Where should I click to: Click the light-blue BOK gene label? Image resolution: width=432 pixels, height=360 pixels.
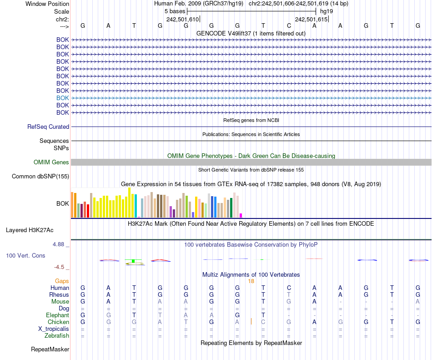[x=63, y=98]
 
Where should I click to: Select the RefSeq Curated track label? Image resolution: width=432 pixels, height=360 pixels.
[x=48, y=127]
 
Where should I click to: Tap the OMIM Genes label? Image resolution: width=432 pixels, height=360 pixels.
[x=51, y=162]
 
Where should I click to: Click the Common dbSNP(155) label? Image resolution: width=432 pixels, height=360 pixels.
[x=40, y=177]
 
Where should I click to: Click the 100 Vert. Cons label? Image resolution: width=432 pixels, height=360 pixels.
[x=25, y=256]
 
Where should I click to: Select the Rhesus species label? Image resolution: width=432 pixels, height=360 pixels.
[x=59, y=295]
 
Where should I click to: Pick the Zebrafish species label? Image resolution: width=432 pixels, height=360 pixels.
[x=57, y=336]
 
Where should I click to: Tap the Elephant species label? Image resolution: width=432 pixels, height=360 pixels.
[x=57, y=315]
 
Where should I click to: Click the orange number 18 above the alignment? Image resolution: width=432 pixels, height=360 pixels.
[x=251, y=281]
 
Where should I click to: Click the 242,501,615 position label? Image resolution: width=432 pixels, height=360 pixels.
[x=311, y=20]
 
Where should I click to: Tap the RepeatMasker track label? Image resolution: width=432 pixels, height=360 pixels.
[x=50, y=350]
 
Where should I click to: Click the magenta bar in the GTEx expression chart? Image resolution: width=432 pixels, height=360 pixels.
[x=241, y=215]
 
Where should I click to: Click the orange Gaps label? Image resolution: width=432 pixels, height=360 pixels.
[x=62, y=281]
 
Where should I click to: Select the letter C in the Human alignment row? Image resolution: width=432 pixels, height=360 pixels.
[x=289, y=288]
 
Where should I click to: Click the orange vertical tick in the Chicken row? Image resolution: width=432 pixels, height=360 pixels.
[x=251, y=322]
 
